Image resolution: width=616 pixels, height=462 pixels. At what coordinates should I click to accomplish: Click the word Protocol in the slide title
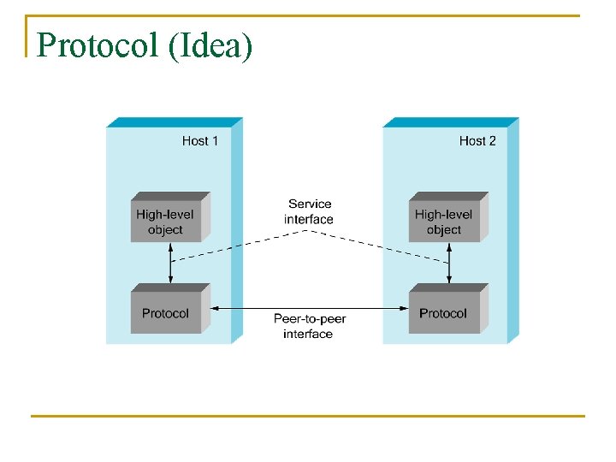(99, 45)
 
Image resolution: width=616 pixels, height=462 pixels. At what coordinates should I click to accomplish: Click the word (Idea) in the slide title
(211, 46)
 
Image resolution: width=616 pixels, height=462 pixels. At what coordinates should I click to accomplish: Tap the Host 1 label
(200, 140)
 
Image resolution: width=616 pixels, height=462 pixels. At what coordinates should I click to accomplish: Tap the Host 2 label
(477, 140)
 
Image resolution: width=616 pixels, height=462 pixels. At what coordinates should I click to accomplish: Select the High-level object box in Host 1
(166, 222)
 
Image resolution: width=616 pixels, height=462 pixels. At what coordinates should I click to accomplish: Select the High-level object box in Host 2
(444, 222)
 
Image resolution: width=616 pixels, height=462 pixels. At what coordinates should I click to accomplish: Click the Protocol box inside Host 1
(166, 312)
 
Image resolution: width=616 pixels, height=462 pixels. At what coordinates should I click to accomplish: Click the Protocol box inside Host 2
(444, 312)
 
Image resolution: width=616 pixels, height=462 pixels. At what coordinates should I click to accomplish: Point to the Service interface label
(309, 211)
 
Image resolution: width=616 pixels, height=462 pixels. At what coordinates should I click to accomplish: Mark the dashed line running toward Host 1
(240, 245)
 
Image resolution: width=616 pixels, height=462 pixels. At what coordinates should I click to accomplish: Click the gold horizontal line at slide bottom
(308, 416)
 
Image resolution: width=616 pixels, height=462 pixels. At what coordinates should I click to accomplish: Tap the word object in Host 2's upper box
(444, 229)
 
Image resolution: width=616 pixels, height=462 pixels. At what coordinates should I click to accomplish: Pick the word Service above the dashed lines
(310, 204)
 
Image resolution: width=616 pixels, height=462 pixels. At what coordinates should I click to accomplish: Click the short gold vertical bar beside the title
(27, 36)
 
